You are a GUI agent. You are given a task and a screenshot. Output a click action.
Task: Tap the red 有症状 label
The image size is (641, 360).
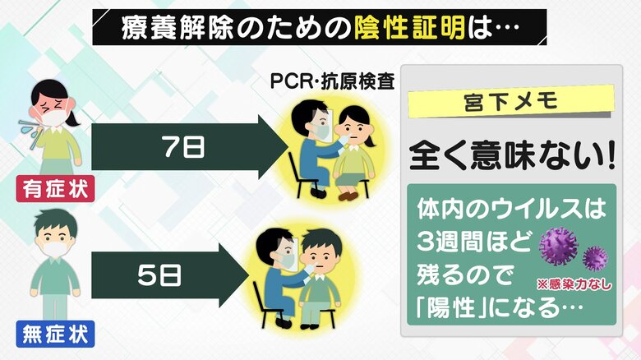pos(55,190)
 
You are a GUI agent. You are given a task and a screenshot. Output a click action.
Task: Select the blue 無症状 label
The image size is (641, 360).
pos(55,335)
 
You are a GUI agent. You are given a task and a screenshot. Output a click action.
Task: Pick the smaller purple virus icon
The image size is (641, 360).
pos(595,257)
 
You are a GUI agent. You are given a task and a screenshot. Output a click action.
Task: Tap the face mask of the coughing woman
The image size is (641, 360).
pos(51,118)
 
